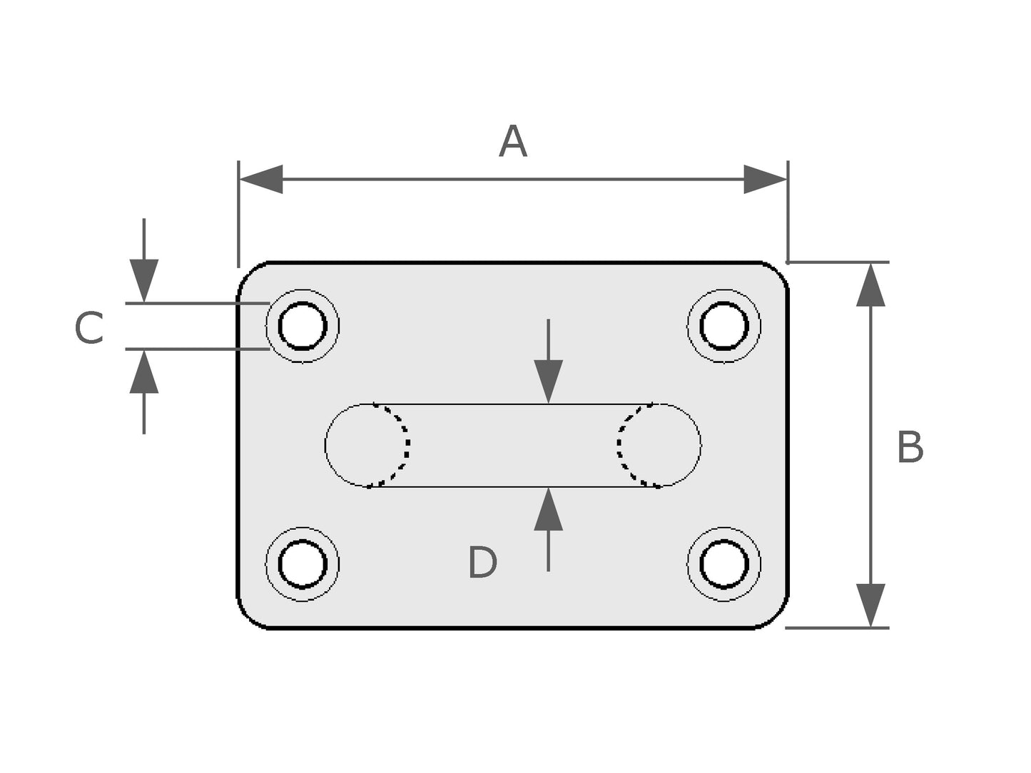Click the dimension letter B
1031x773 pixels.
(910, 448)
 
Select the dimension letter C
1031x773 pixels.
(89, 328)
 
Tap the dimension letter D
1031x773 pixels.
(482, 563)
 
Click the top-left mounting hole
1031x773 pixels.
(303, 326)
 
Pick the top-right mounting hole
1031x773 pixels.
(724, 326)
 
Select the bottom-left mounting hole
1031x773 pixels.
(303, 564)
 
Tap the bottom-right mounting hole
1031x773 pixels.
(724, 564)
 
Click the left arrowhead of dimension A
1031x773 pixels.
(261, 179)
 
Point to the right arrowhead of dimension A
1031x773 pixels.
(765, 179)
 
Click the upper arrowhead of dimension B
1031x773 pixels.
(870, 285)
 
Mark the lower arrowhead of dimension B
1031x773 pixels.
(870, 605)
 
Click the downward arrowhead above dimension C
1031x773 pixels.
(144, 282)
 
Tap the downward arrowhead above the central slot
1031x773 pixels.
(548, 382)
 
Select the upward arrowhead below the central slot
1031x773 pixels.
(548, 509)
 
